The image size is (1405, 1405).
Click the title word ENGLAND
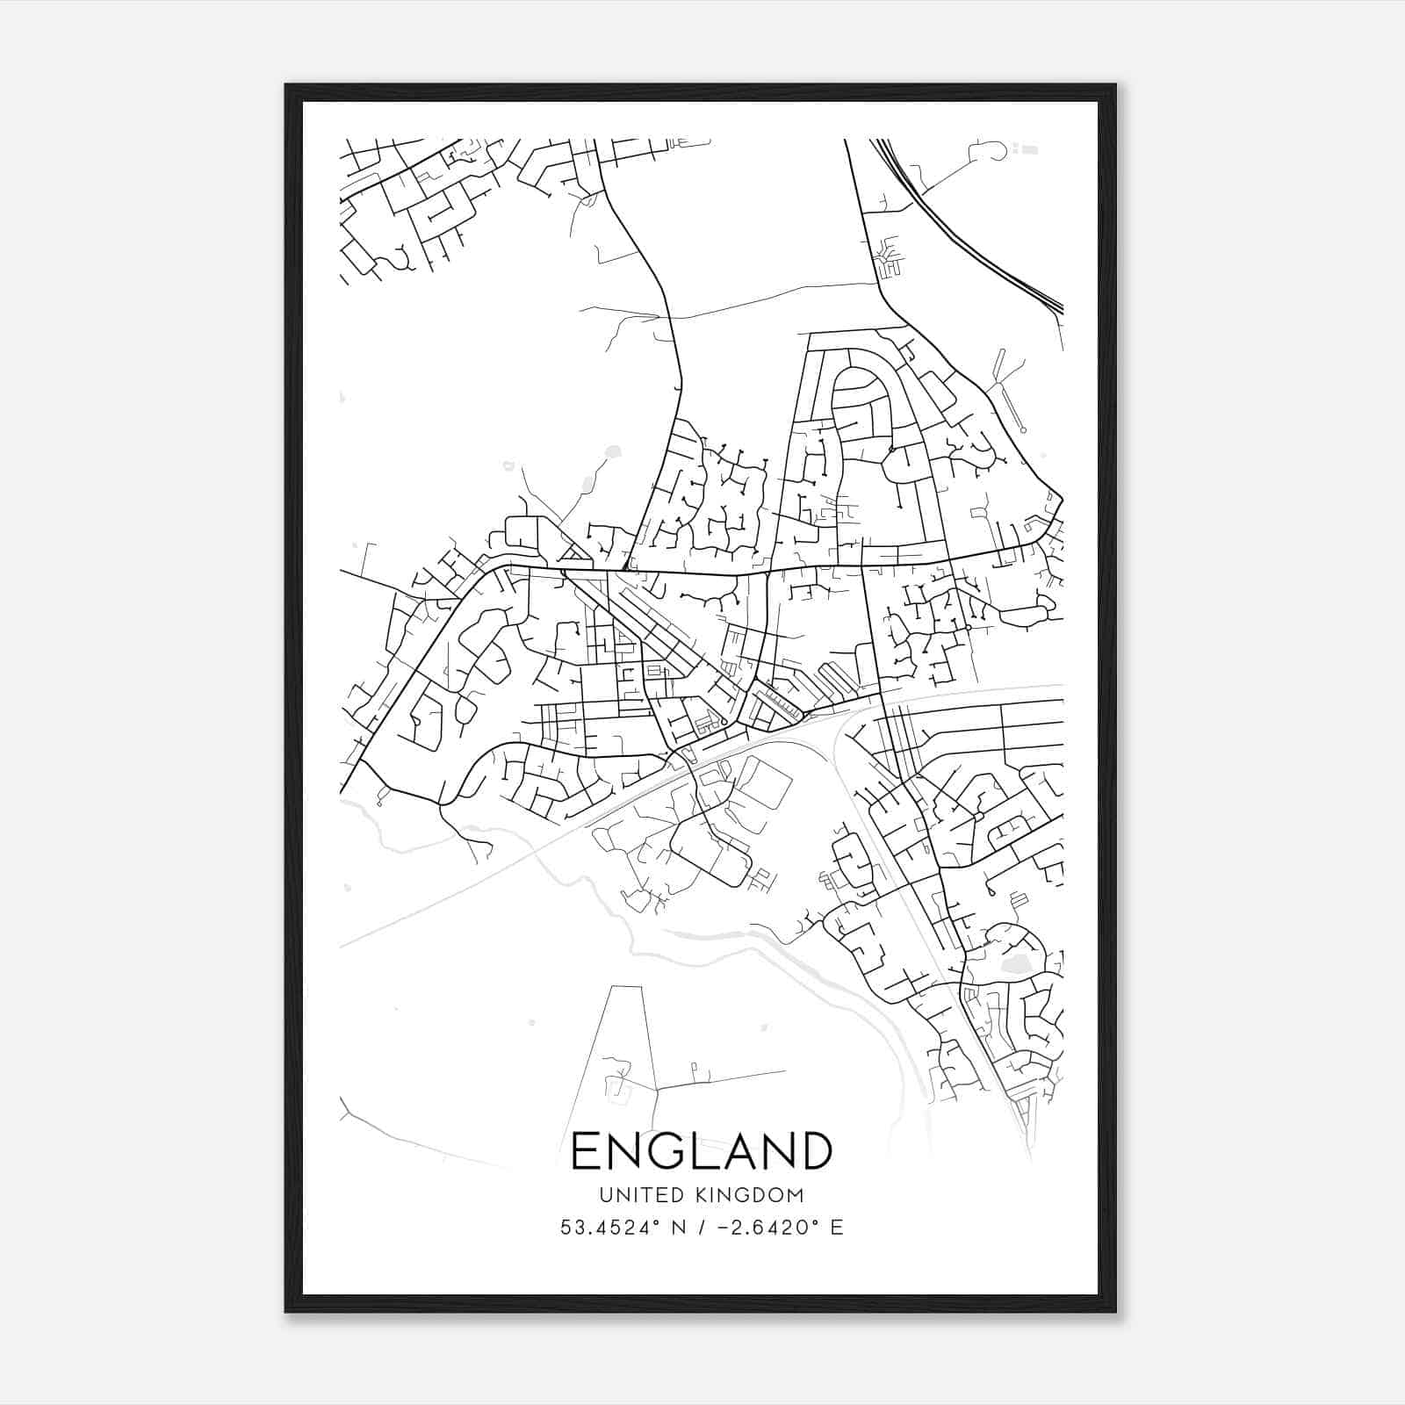702,1151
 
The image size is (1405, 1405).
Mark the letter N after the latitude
676,1228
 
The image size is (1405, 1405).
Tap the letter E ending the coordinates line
837,1228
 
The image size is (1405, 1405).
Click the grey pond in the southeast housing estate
1012,966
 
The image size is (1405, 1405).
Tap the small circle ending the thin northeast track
1023,429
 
